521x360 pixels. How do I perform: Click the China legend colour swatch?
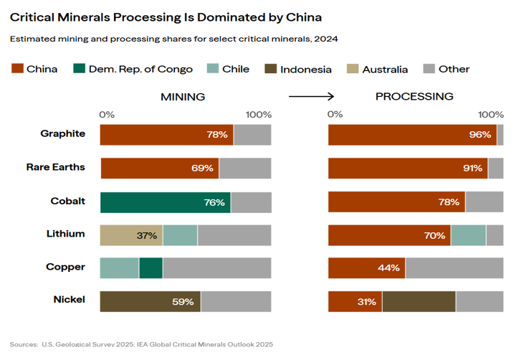click(16, 69)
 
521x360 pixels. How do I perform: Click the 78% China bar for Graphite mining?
click(166, 135)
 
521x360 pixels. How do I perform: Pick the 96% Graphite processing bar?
click(412, 135)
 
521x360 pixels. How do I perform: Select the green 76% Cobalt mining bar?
click(165, 202)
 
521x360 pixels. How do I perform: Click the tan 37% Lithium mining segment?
click(131, 235)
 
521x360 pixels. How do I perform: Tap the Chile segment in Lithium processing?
click(468, 235)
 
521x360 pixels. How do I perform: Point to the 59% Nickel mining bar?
click(150, 301)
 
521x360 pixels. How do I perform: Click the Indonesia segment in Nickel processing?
click(419, 301)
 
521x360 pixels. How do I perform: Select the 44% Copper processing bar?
click(366, 267)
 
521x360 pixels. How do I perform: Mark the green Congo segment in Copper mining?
click(150, 267)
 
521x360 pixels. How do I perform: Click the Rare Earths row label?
click(55, 167)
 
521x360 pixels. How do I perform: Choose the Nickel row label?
click(69, 299)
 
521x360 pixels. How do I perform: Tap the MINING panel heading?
click(182, 96)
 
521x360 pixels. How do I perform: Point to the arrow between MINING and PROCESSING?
click(311, 96)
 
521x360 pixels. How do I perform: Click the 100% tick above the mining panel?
click(258, 115)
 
